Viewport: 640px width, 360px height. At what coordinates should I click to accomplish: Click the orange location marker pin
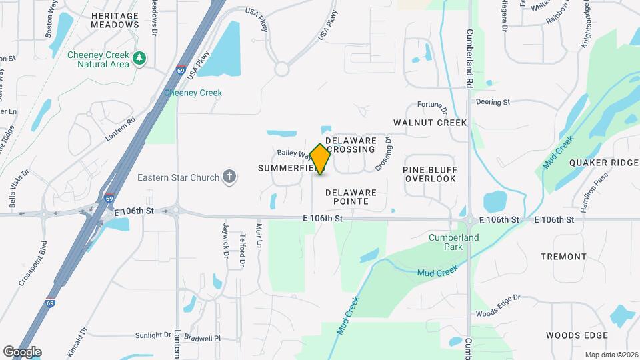click(321, 159)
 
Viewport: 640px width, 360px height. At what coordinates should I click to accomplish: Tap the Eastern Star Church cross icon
click(229, 177)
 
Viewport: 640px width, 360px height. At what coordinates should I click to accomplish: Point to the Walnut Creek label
click(430, 123)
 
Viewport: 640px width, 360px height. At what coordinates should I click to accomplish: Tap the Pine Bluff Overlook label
click(429, 174)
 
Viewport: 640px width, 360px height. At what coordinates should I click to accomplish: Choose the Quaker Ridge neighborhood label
click(595, 163)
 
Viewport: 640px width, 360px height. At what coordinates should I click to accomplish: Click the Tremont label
click(563, 257)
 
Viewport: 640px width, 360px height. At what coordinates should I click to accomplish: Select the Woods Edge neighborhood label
click(577, 335)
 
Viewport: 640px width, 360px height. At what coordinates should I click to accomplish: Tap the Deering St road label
click(492, 102)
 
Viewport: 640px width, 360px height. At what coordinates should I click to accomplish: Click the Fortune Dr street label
click(431, 105)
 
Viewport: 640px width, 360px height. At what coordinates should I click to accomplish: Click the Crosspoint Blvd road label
click(31, 263)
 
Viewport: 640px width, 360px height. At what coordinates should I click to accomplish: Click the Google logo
click(22, 351)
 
